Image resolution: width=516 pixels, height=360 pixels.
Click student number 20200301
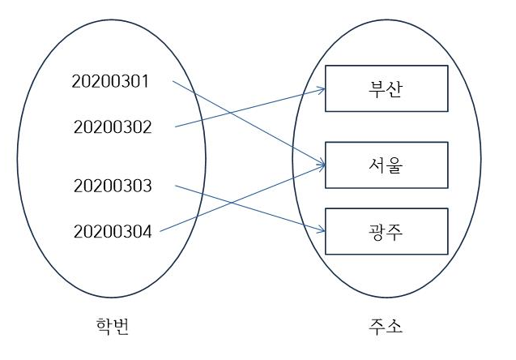pyautogui.click(x=112, y=82)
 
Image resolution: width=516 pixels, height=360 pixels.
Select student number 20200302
pyautogui.click(x=113, y=127)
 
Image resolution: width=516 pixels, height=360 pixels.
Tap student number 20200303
pyautogui.click(x=113, y=186)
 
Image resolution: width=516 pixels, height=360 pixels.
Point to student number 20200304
pyautogui.click(x=113, y=232)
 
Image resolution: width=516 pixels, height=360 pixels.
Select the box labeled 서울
pyautogui.click(x=386, y=165)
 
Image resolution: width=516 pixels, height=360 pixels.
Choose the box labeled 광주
pyautogui.click(x=386, y=230)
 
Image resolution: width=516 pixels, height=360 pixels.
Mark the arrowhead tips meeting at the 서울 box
pyautogui.click(x=322, y=166)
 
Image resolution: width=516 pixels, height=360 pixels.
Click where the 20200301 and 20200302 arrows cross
pyautogui.click(x=228, y=112)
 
